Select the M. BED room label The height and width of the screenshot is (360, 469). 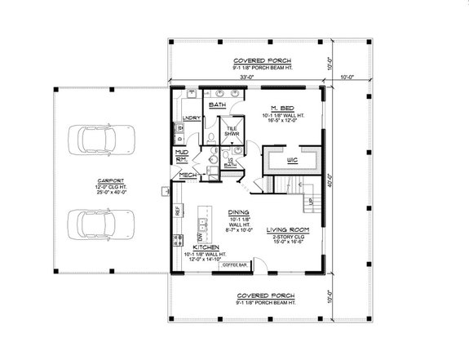coord(283,107)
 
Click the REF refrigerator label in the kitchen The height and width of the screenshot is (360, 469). coord(177,211)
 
